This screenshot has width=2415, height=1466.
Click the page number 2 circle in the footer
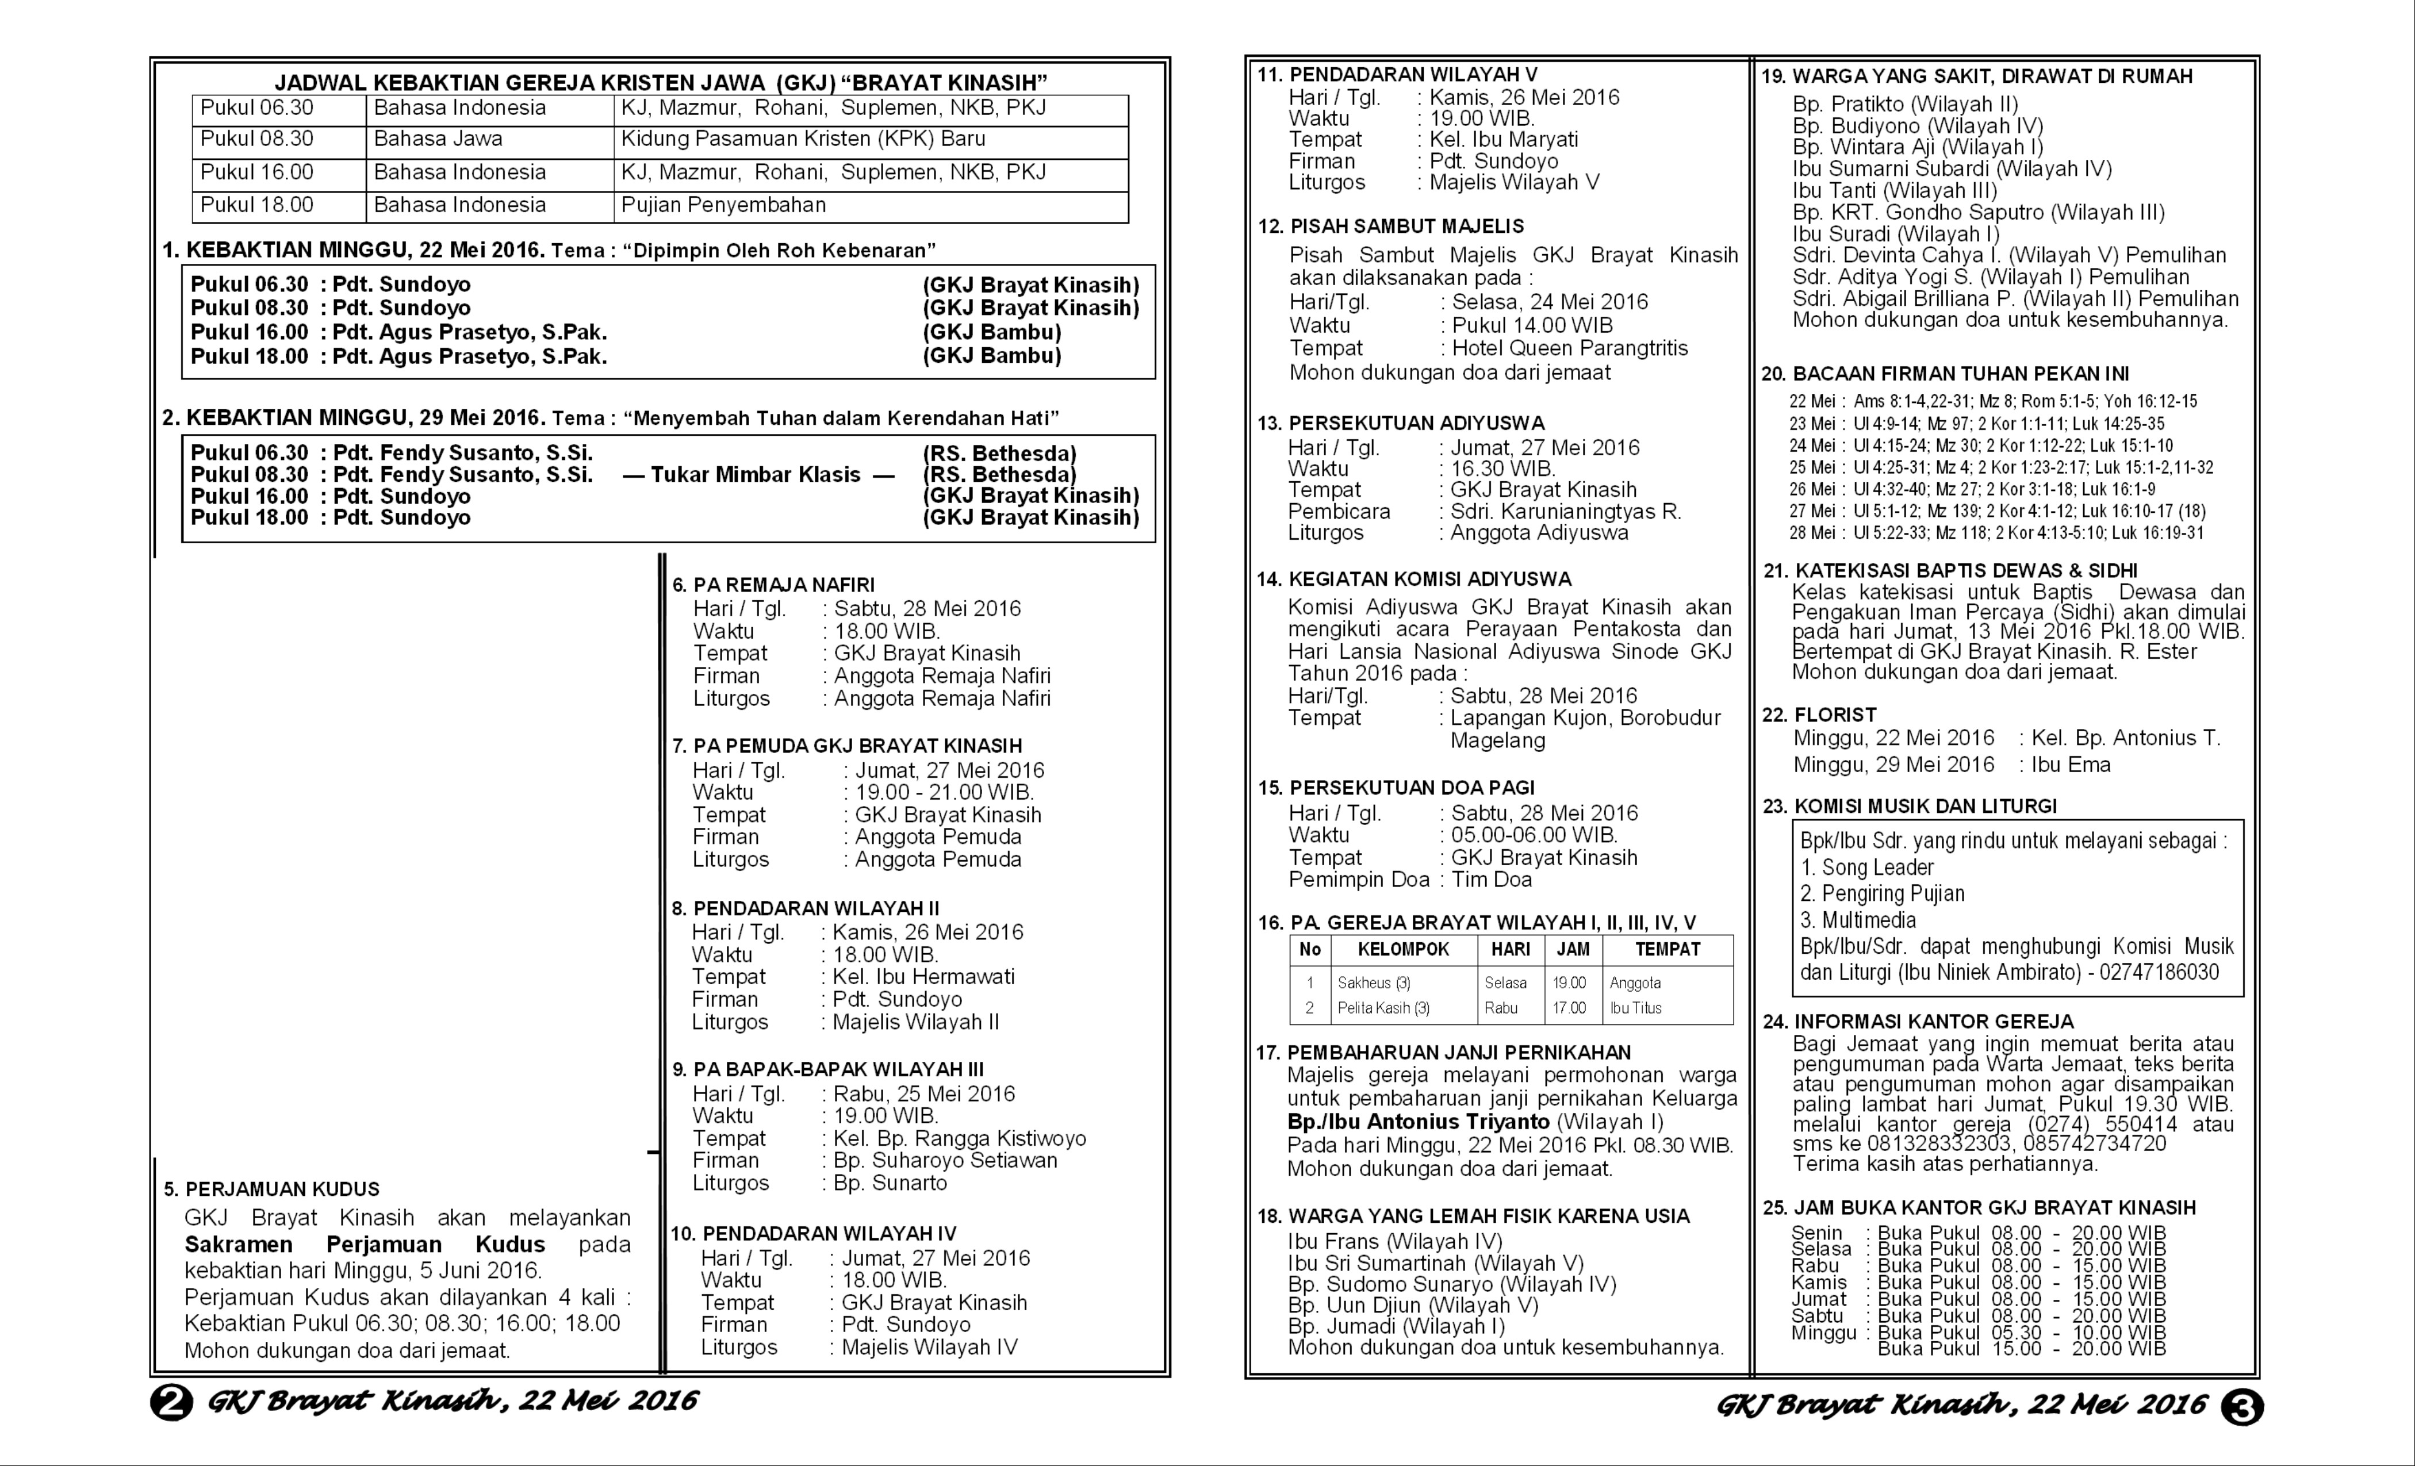click(x=171, y=1402)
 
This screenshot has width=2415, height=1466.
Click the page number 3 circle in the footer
click(x=2241, y=1408)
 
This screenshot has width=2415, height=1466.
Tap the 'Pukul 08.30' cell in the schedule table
click(x=257, y=139)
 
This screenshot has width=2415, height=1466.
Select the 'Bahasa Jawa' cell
click(x=438, y=139)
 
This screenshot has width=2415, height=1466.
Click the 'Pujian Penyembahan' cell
click(x=723, y=205)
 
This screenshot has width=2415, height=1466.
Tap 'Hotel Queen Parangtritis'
click(x=1569, y=348)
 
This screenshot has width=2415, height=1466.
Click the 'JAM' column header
click(x=1573, y=949)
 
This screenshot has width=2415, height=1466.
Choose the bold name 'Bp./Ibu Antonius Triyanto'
click(x=1418, y=1122)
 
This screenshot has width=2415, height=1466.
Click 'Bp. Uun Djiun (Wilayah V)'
click(x=1412, y=1305)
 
